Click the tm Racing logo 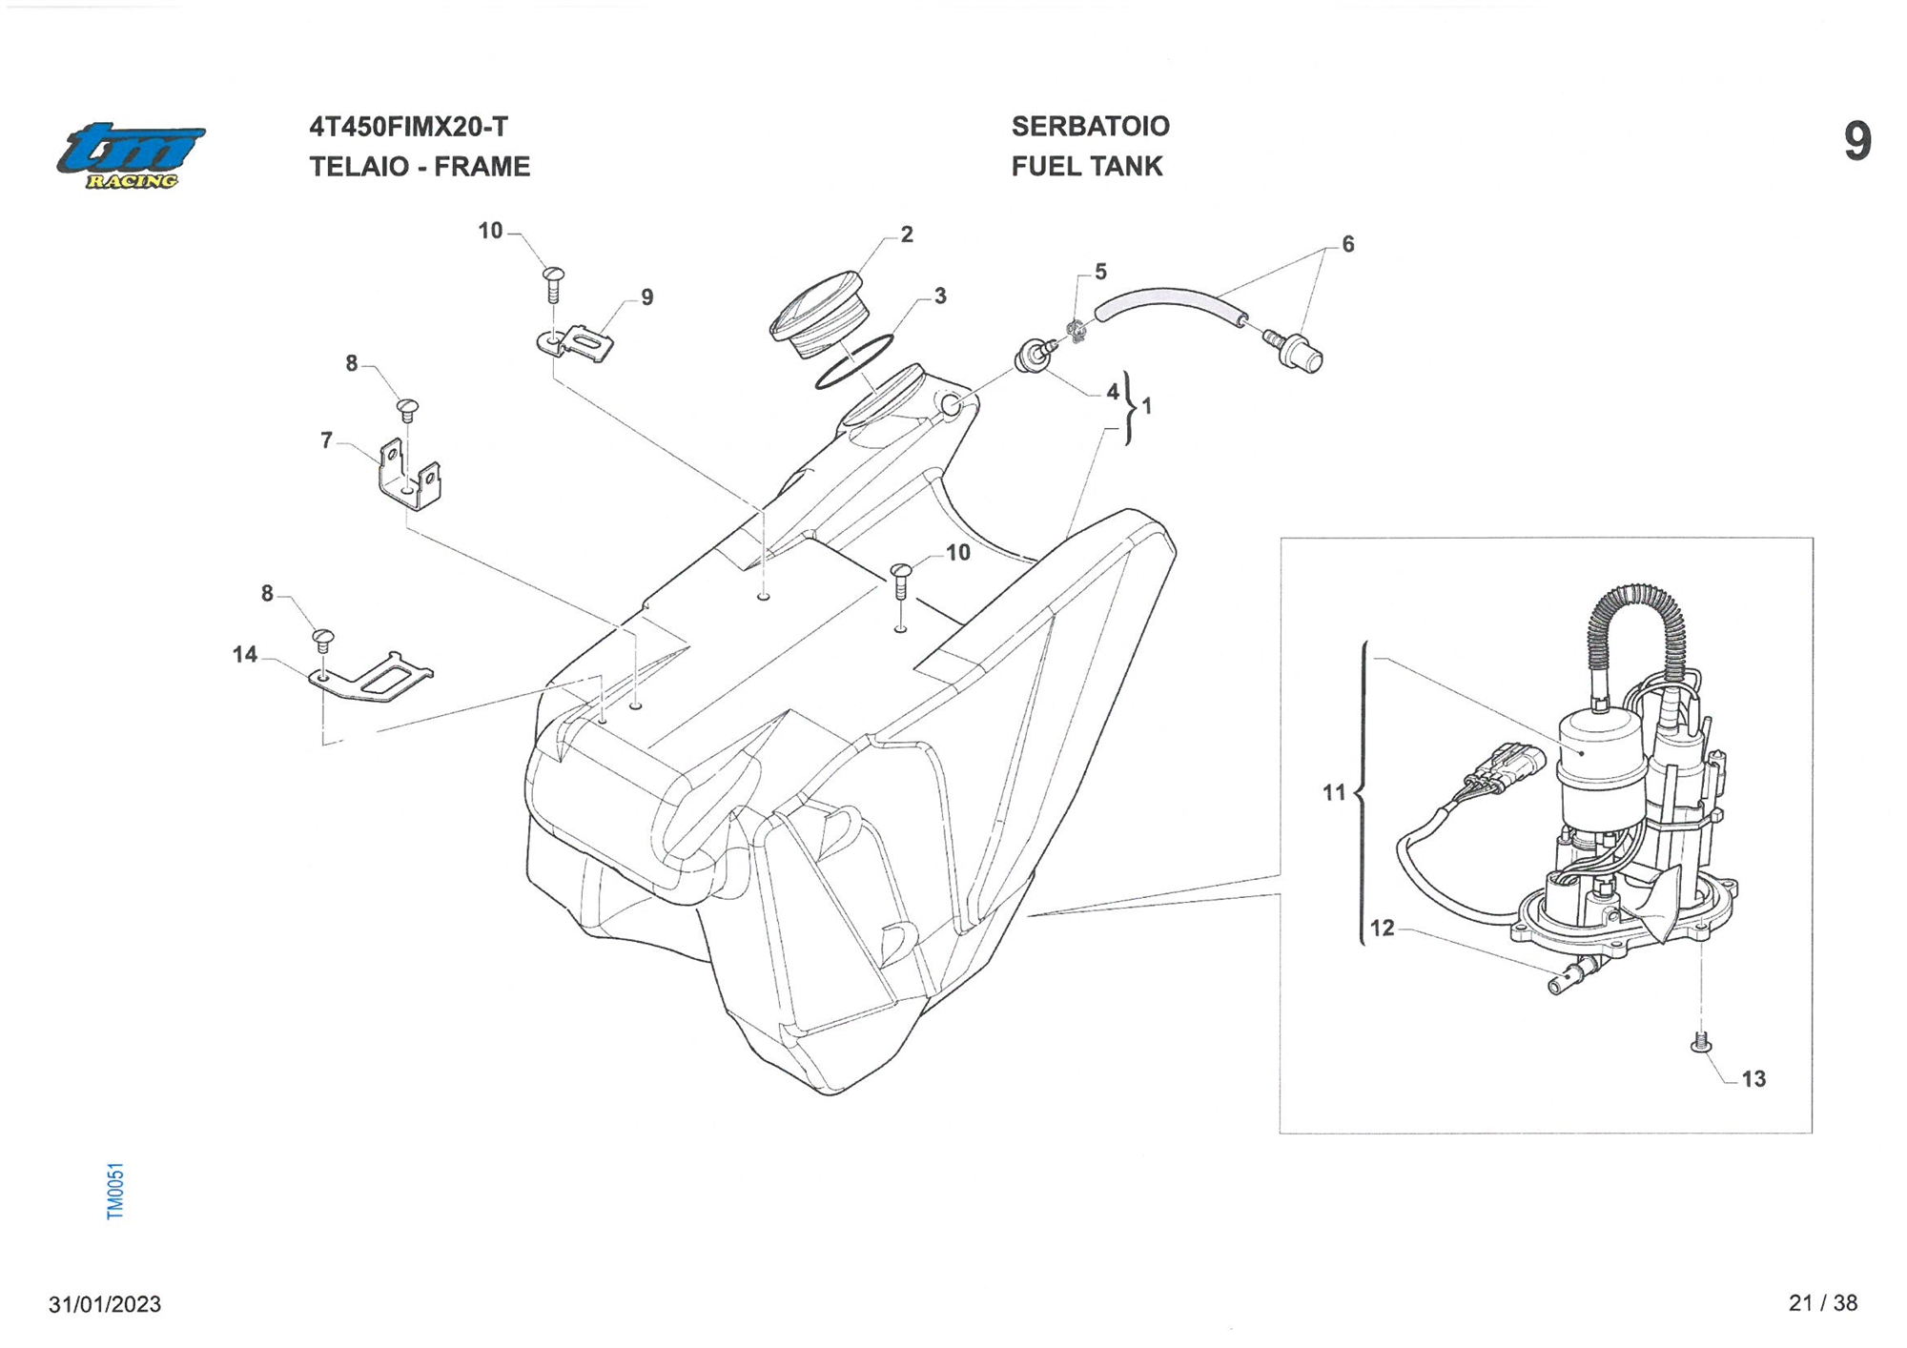coord(131,155)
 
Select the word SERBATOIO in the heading coord(1090,126)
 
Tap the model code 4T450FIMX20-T coord(408,127)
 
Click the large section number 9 coord(1856,142)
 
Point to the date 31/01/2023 coord(105,1304)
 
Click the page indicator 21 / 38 coord(1822,1303)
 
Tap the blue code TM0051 coord(115,1191)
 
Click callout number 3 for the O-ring coord(940,296)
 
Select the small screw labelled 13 coord(1700,1043)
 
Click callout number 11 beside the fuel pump coord(1333,792)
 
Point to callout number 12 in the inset coord(1382,928)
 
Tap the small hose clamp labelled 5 coord(1077,331)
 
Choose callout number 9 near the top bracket coord(647,297)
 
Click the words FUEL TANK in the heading coord(1087,167)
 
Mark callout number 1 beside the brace coord(1147,406)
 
